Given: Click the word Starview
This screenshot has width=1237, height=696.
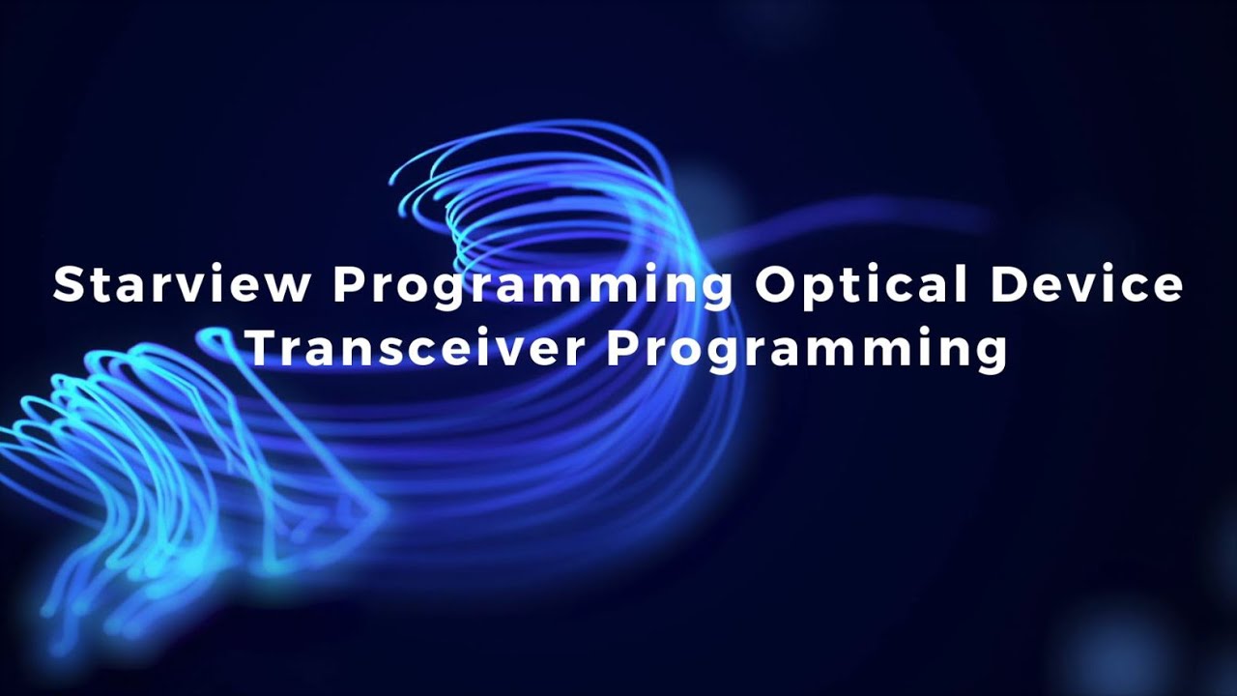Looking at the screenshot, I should [x=182, y=285].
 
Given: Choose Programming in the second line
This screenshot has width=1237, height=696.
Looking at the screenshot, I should [x=806, y=352].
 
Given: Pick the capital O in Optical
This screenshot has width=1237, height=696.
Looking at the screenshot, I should [x=775, y=285].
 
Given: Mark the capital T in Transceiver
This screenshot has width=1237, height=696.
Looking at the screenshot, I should [x=261, y=348].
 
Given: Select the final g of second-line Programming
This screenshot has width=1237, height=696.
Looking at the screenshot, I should [x=991, y=356].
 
